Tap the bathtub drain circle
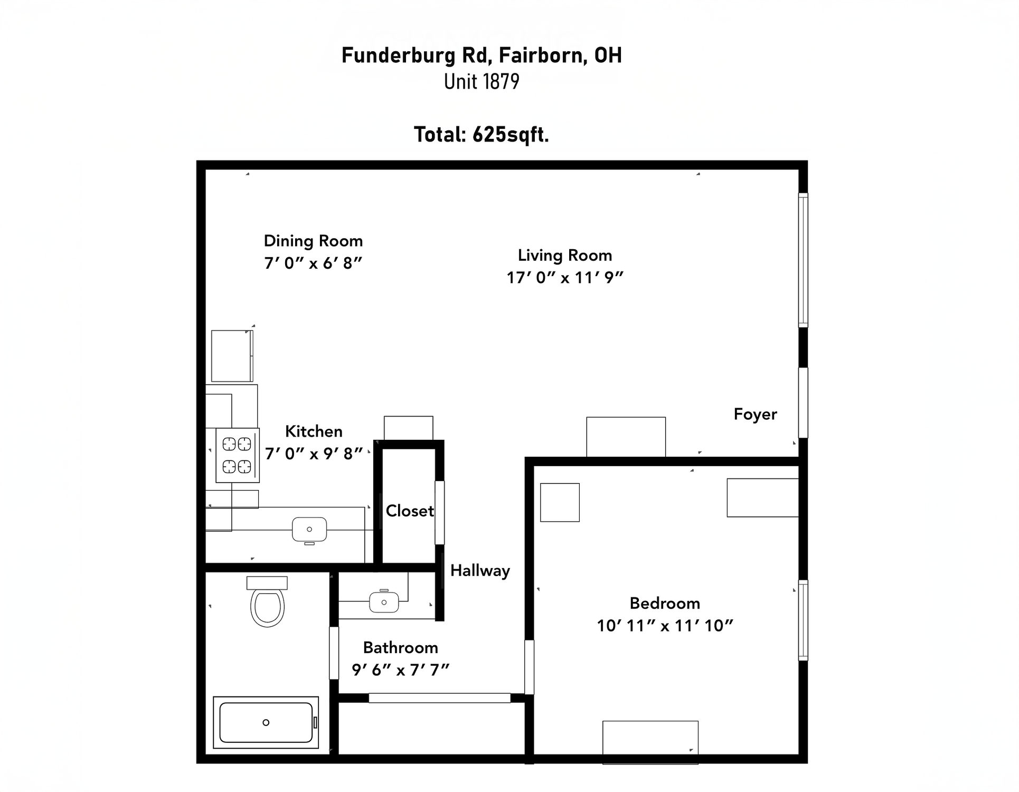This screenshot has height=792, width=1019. [266, 722]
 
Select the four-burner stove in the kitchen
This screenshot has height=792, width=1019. [237, 455]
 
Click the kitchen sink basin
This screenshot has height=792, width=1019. [309, 530]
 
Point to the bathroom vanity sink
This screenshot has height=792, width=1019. [384, 602]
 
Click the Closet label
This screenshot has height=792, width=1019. [410, 511]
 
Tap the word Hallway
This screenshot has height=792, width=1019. [480, 571]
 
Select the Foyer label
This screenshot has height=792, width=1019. [756, 414]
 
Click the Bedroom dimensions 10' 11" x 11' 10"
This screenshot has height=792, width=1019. [665, 626]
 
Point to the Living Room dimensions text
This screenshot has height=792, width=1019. [565, 278]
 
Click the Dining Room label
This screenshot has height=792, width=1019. [313, 241]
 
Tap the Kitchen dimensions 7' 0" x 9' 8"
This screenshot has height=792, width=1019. [314, 454]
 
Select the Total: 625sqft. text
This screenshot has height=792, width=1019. [482, 135]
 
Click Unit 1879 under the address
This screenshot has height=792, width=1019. [482, 81]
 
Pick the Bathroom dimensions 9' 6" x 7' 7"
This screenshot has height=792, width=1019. [401, 670]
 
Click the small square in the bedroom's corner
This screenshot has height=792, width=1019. [560, 503]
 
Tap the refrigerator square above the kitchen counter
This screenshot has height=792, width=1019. [232, 356]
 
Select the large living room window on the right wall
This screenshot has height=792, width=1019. [803, 260]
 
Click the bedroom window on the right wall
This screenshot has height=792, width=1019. [803, 620]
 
